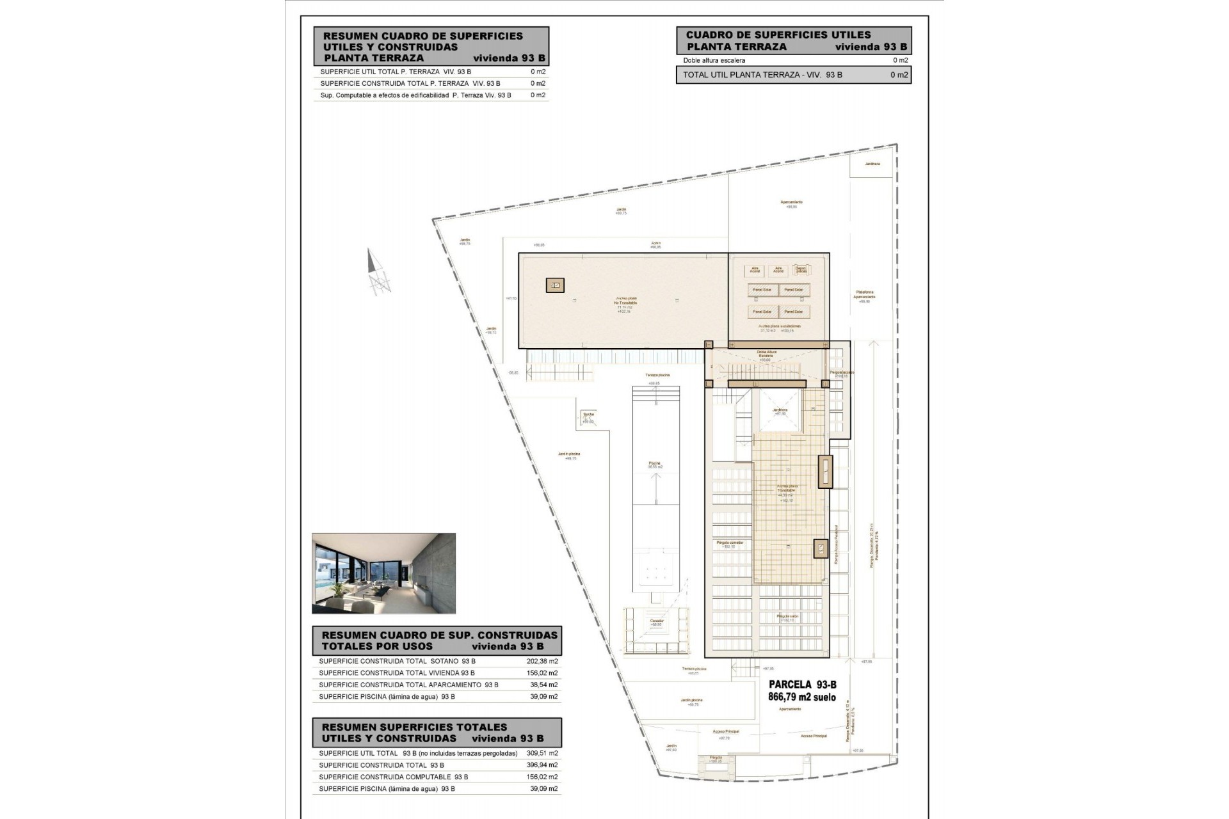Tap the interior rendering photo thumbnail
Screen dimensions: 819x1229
[x=383, y=573]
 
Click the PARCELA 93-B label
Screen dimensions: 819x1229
[x=802, y=685]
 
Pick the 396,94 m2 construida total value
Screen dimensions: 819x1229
[x=544, y=765]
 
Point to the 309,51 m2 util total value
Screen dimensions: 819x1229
[x=544, y=753]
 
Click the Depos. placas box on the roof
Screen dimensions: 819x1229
[x=801, y=271]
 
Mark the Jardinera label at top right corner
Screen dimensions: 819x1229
[x=872, y=164]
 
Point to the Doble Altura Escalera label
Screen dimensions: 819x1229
[x=766, y=354]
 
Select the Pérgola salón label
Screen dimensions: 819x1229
[x=787, y=617]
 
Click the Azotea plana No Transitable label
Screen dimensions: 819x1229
[x=625, y=302]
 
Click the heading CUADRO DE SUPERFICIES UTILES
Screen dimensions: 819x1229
[x=778, y=35]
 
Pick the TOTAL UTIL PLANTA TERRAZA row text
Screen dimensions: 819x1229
[x=762, y=75]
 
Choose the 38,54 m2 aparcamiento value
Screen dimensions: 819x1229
[x=544, y=685]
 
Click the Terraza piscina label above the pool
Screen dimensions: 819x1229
[x=657, y=376]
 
